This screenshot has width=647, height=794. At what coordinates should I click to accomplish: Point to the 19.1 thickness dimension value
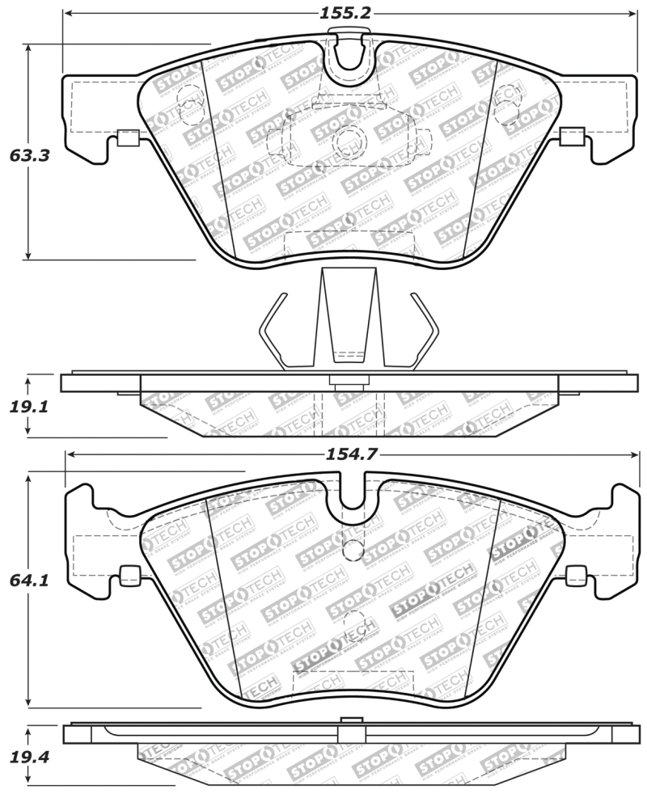coord(30,407)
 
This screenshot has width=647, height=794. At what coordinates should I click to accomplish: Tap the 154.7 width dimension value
coord(351,454)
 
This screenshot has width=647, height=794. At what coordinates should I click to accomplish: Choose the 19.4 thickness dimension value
coord(30,757)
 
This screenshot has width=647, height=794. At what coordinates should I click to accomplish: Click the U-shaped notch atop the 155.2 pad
coord(351,53)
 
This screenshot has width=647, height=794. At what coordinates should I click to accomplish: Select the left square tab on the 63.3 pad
coord(127,137)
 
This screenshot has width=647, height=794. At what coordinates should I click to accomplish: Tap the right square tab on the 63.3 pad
coord(573,137)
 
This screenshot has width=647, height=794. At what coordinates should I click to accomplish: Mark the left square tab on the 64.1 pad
coord(129,576)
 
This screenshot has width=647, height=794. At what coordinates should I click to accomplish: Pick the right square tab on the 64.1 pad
coord(576,576)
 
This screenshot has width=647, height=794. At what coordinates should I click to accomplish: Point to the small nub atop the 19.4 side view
coord(351,720)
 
